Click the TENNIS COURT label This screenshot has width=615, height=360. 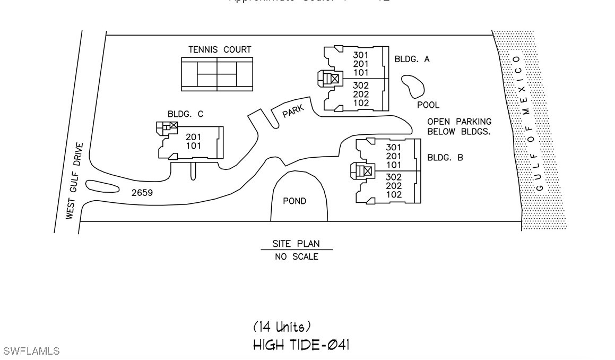pyautogui.click(x=220, y=50)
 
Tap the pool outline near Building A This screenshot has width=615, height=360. pyautogui.click(x=412, y=86)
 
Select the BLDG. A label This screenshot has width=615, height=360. pyautogui.click(x=412, y=59)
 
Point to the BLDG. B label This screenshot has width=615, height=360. pyautogui.click(x=445, y=158)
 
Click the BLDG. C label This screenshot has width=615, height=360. pyautogui.click(x=185, y=114)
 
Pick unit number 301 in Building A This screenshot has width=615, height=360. pyautogui.click(x=361, y=55)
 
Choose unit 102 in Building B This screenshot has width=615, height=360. pyautogui.click(x=394, y=195)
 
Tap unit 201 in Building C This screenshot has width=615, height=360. pyautogui.click(x=194, y=137)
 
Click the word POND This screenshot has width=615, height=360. pyautogui.click(x=294, y=201)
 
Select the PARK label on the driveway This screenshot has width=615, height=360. pyautogui.click(x=293, y=111)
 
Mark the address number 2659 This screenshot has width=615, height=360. pyautogui.click(x=142, y=193)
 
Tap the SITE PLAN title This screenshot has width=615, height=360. pyautogui.click(x=296, y=244)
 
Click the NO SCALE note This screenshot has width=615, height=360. pyautogui.click(x=296, y=257)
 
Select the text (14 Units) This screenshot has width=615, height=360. pyautogui.click(x=282, y=327)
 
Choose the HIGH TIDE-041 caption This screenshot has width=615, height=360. pyautogui.click(x=301, y=345)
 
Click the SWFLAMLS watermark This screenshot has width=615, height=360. pyautogui.click(x=31, y=351)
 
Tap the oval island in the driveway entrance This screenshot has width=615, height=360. pyautogui.click(x=102, y=186)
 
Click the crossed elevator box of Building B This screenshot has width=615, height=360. pyautogui.click(x=367, y=171)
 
